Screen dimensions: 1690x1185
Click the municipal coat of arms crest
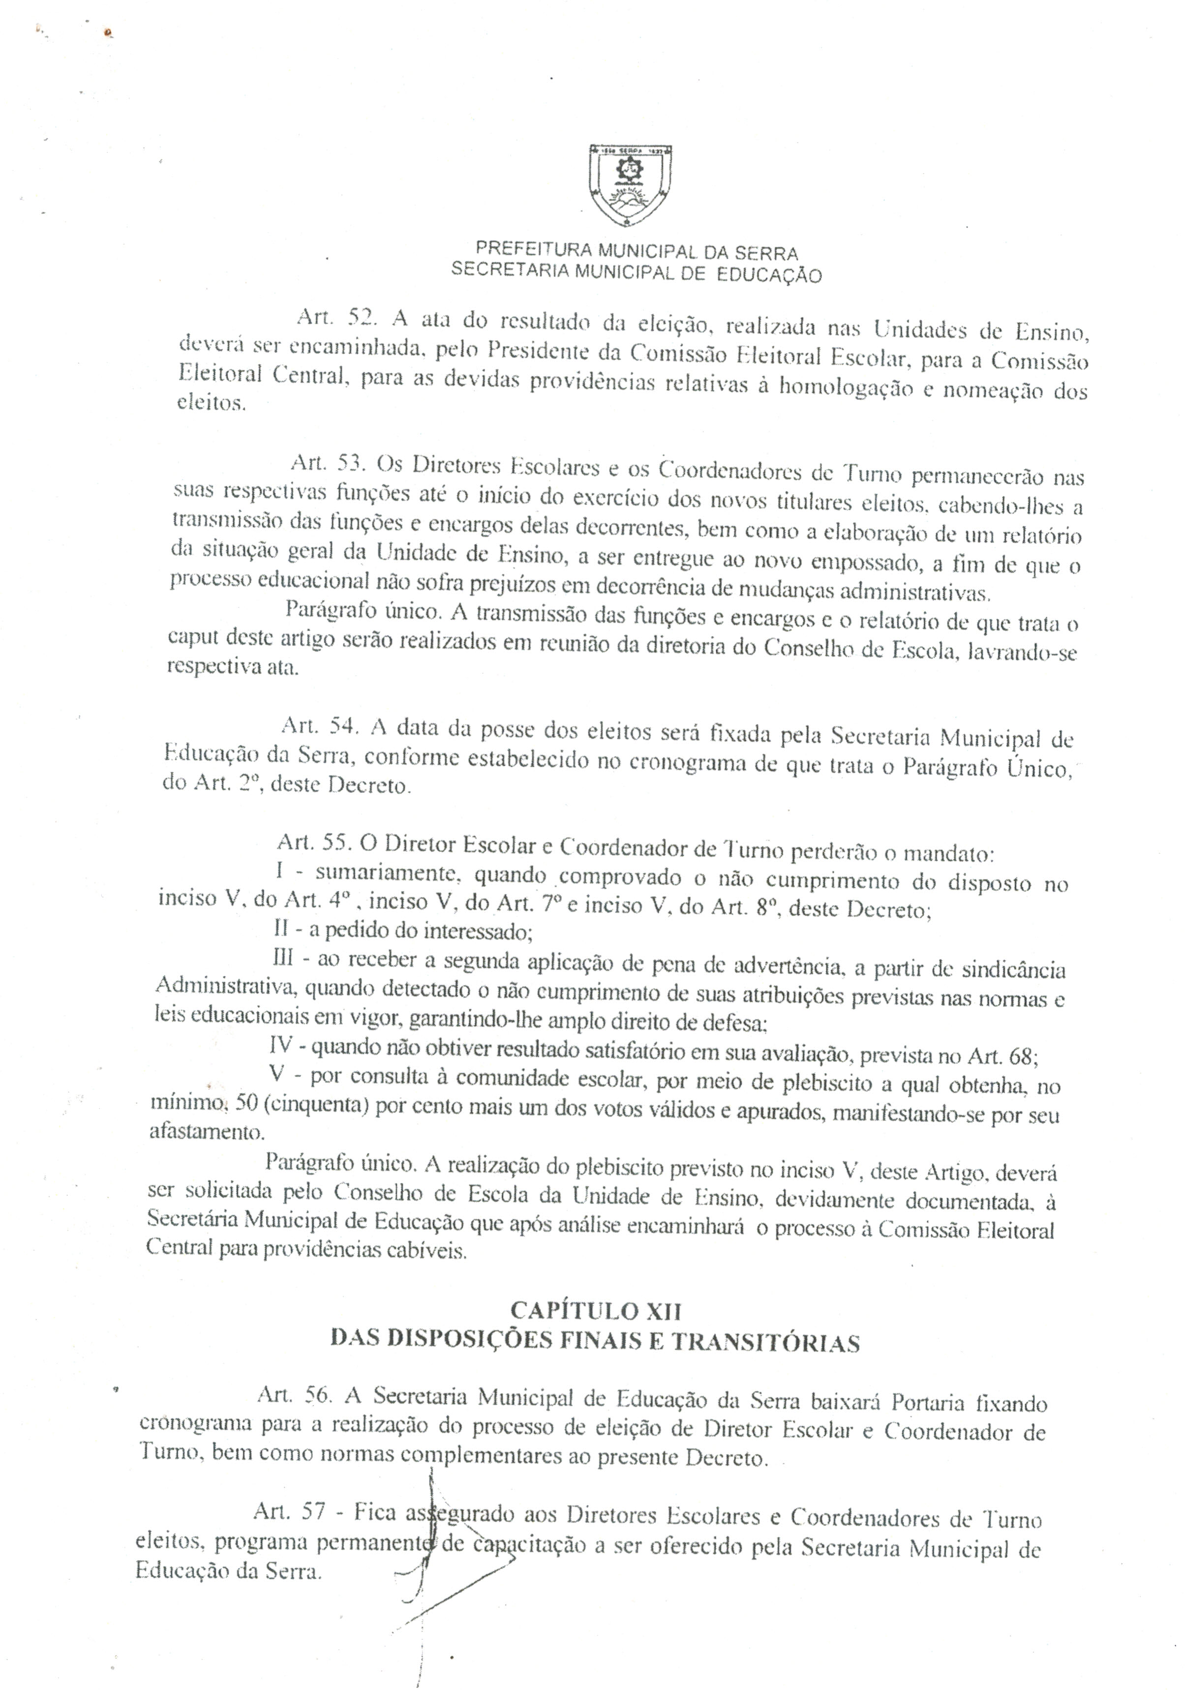[632, 185]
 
